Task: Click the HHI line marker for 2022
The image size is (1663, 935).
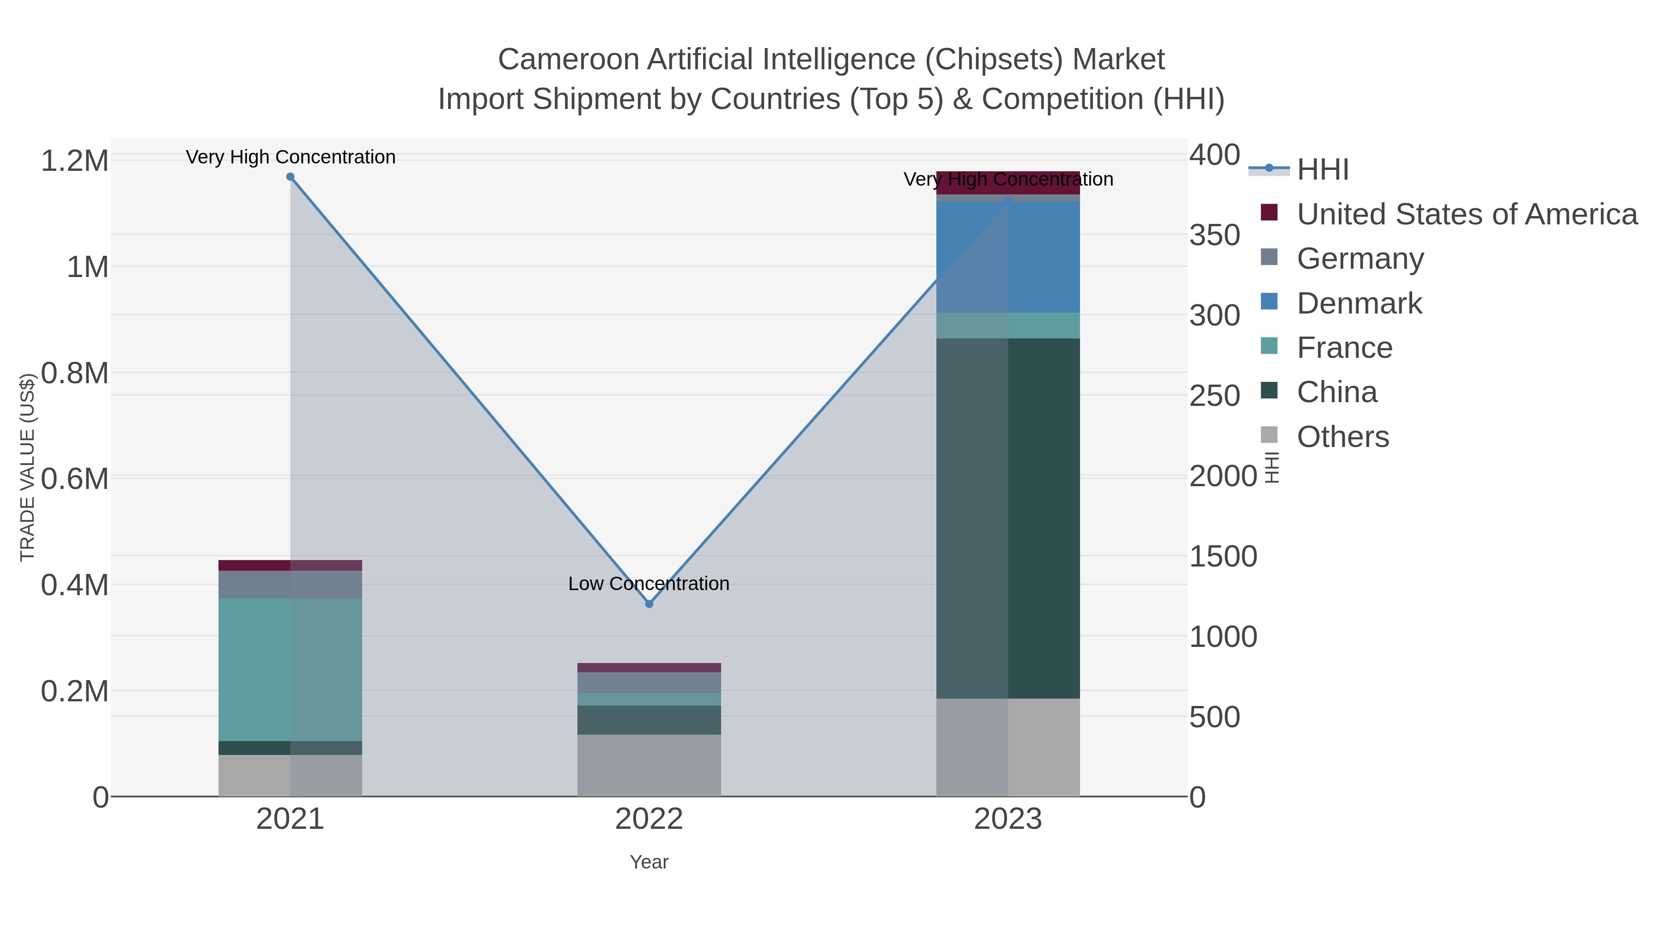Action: [649, 604]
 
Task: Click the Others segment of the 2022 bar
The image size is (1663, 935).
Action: [649, 765]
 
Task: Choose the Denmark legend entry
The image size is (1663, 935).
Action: [1359, 303]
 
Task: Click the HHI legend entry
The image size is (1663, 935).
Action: [1322, 170]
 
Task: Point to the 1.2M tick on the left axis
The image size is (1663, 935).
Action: [75, 161]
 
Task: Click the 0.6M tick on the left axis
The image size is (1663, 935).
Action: [75, 479]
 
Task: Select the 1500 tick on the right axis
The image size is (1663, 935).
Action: [1223, 556]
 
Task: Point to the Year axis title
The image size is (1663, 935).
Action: [649, 862]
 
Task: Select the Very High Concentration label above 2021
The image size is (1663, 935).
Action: [291, 157]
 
